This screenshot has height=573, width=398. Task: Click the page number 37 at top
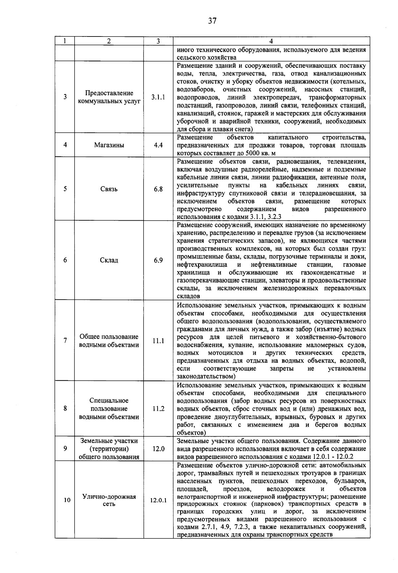[x=212, y=21]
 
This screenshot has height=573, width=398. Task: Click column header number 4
[x=271, y=41]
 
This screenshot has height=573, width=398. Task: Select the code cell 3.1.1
[x=158, y=97]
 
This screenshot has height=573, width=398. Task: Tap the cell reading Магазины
[x=109, y=145]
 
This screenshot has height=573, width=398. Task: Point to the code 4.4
[x=158, y=145]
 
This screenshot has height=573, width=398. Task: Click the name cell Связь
[x=109, y=189]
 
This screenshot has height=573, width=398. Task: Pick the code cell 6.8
[x=158, y=189]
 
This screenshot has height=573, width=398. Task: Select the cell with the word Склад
[x=109, y=260]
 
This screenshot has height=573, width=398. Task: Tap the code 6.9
[x=158, y=260]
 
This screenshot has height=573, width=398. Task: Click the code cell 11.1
[x=158, y=341]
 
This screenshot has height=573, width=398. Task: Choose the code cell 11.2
[x=158, y=409]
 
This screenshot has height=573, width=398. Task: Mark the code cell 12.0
[x=158, y=449]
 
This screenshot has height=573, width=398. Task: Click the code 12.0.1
[x=158, y=500]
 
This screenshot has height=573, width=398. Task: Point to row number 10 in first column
[x=67, y=500]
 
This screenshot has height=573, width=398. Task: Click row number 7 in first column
[x=65, y=341]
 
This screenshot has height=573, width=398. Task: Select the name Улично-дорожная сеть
[x=109, y=500]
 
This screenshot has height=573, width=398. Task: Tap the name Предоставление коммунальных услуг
[x=109, y=97]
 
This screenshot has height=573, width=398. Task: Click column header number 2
[x=109, y=41]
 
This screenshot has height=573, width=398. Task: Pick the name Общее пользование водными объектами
[x=109, y=341]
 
